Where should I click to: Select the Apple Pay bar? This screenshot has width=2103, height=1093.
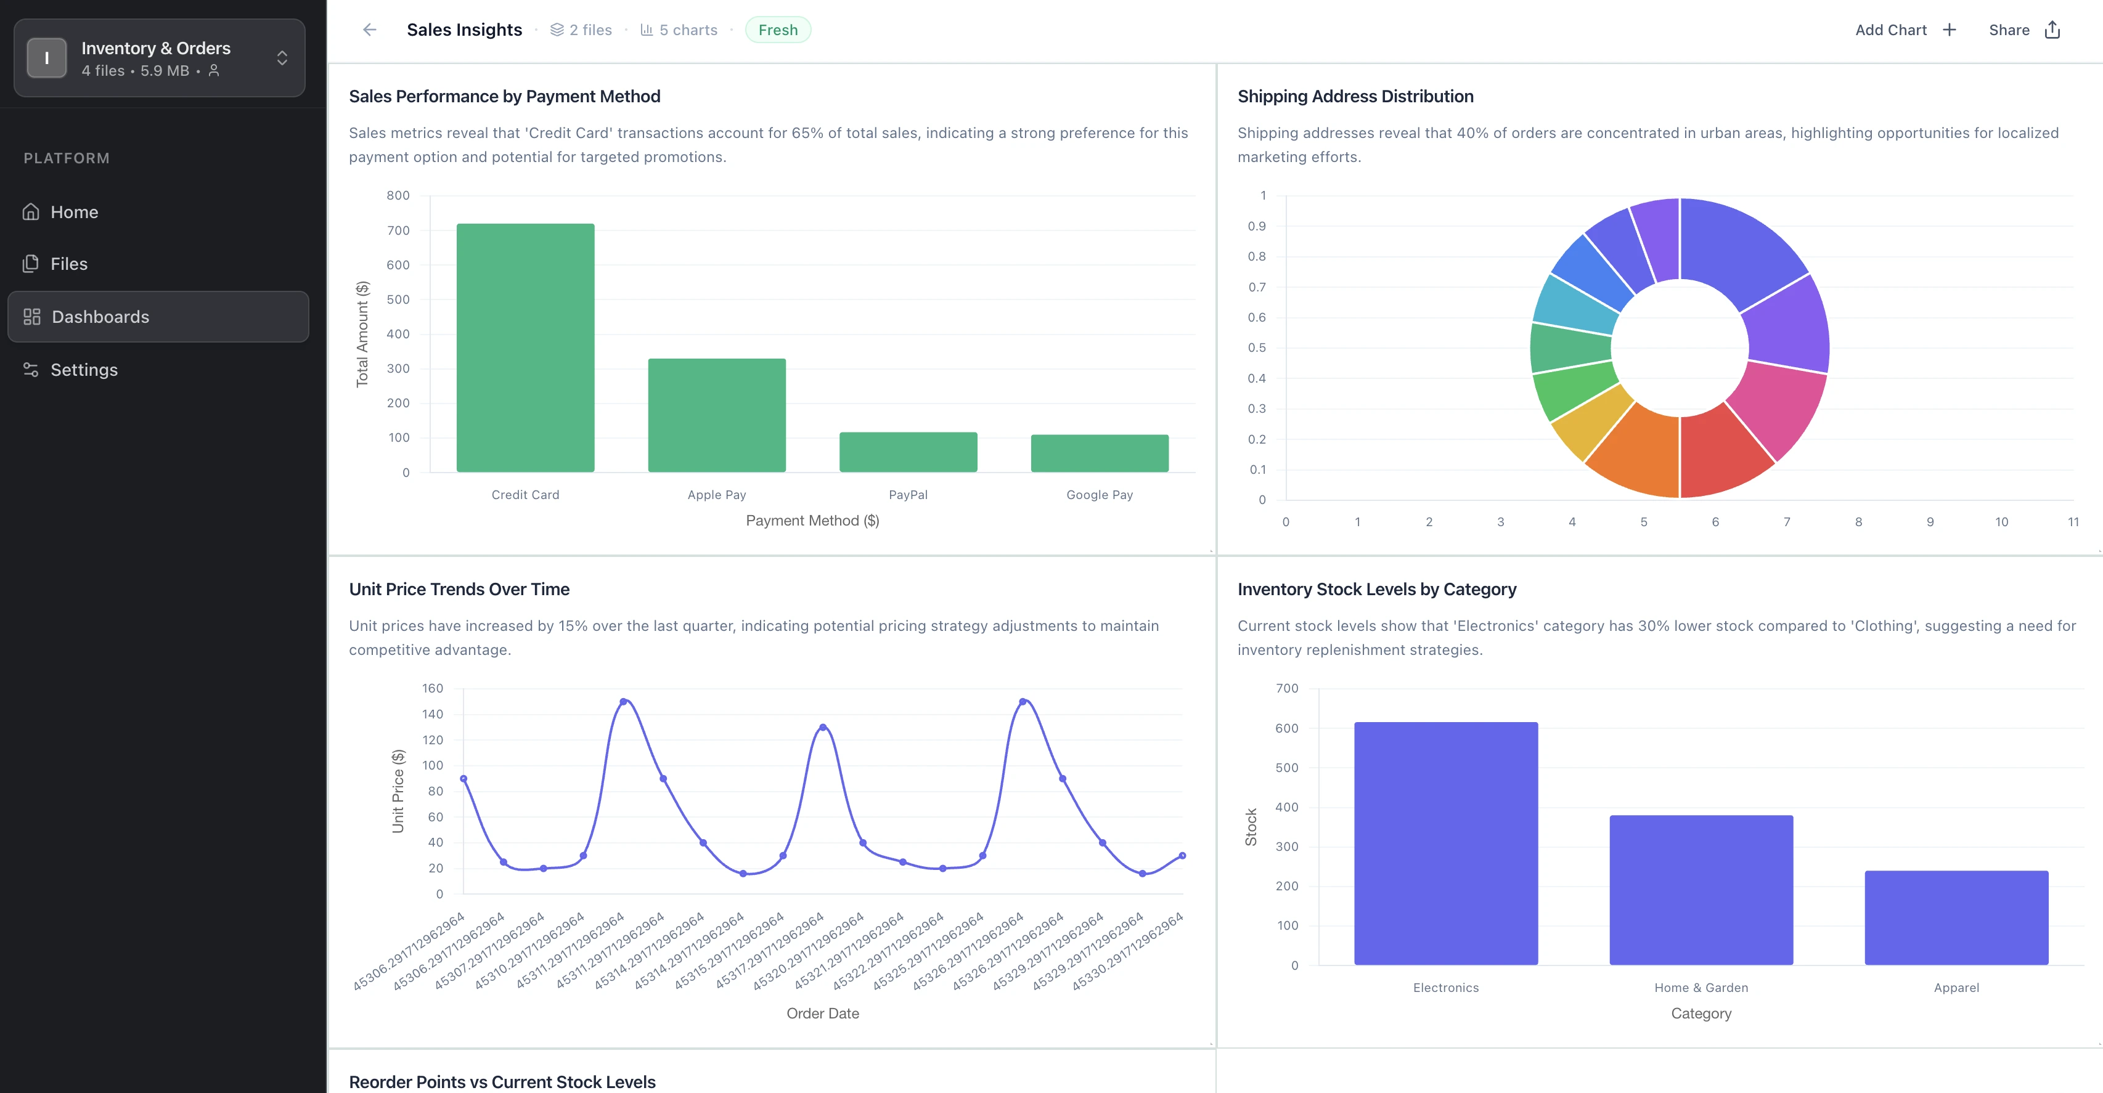click(x=717, y=415)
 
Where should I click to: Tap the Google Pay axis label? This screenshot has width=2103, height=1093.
click(x=1099, y=495)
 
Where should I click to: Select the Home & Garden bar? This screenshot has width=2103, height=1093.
click(x=1701, y=890)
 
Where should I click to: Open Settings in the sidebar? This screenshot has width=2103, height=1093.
click(x=83, y=370)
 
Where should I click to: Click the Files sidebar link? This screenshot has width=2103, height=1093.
click(x=68, y=264)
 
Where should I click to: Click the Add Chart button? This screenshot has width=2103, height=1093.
click(x=1905, y=30)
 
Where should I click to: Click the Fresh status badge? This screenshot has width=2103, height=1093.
click(x=777, y=30)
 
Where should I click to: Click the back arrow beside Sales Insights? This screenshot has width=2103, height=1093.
click(x=369, y=30)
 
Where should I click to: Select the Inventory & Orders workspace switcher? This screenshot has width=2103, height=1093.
click(x=159, y=58)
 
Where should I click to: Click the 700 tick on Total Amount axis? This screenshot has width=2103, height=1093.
click(x=398, y=230)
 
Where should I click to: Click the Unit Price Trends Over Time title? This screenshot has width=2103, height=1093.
click(x=459, y=590)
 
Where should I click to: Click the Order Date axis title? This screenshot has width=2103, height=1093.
click(x=822, y=1013)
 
